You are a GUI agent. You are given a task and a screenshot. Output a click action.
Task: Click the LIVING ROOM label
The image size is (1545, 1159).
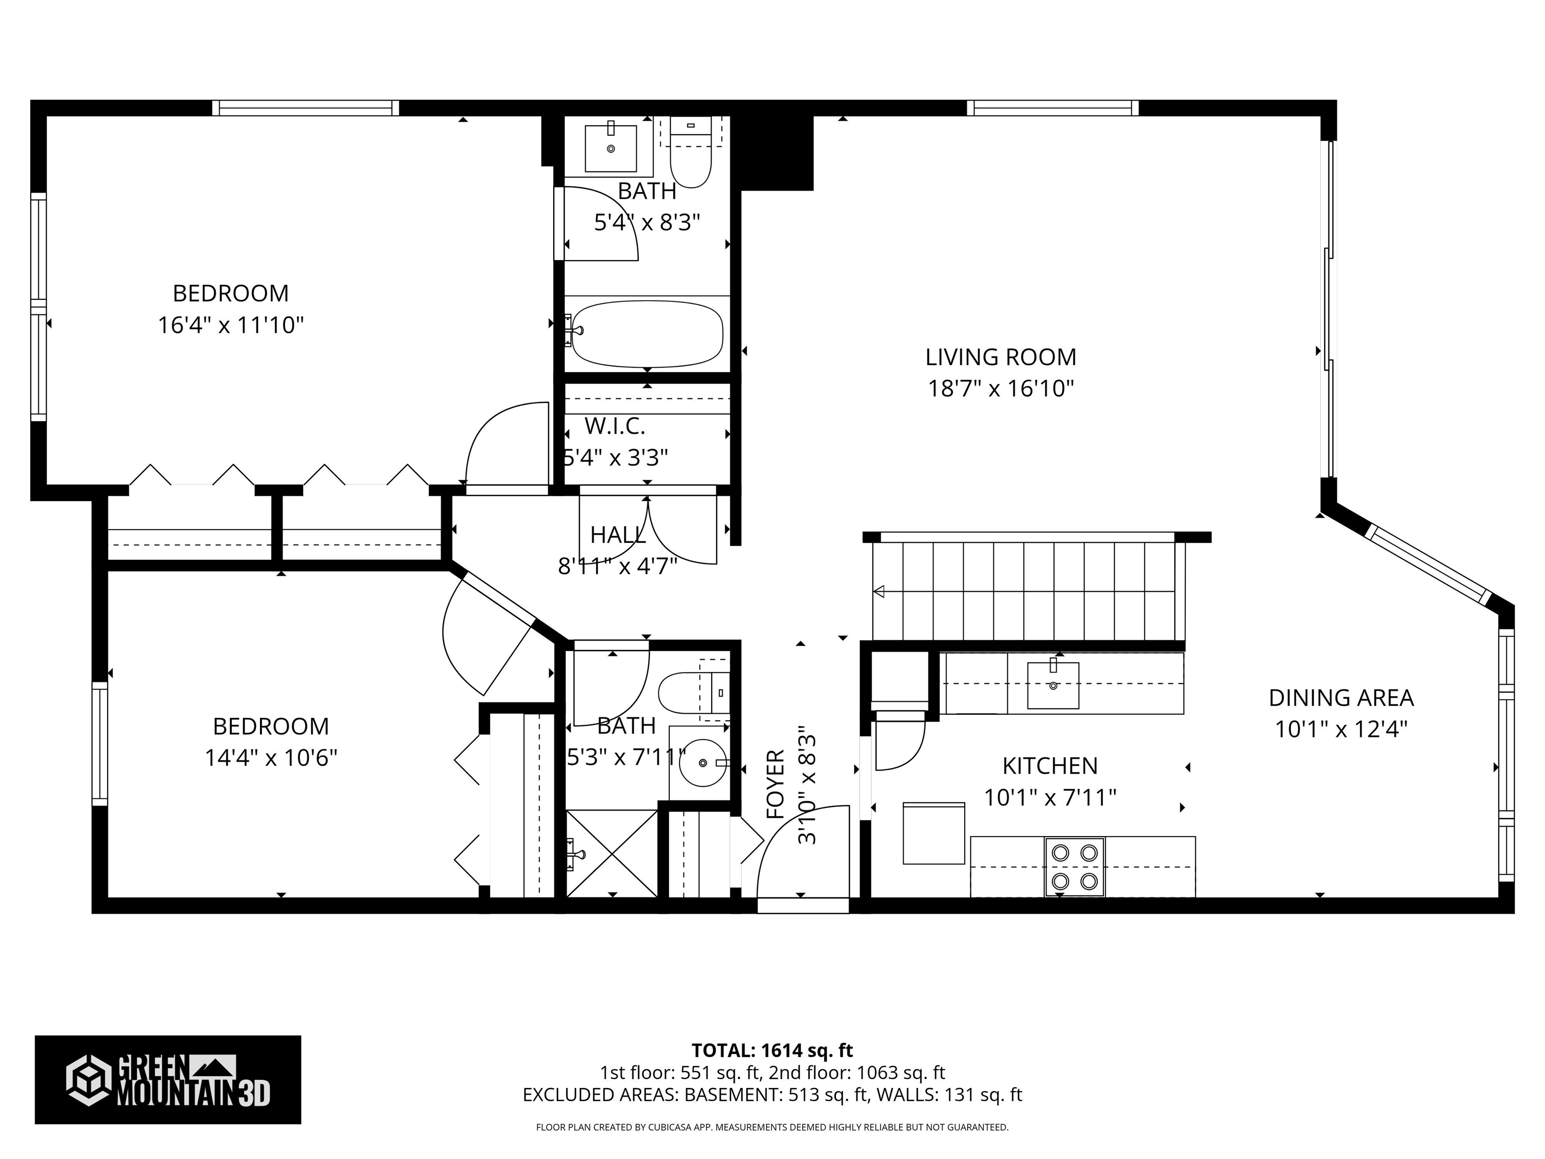(1000, 357)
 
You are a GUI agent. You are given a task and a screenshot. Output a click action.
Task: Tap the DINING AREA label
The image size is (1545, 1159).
(1340, 697)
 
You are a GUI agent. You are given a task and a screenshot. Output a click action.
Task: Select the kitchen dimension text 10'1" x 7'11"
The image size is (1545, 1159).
(1050, 797)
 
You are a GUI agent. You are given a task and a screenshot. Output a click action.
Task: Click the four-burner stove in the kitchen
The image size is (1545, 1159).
(1074, 866)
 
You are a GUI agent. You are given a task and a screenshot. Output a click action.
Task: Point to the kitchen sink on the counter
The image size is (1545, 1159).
(1053, 685)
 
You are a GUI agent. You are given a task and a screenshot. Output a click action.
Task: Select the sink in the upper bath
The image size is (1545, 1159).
(611, 148)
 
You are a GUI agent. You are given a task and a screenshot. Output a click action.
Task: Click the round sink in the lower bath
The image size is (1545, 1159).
(702, 763)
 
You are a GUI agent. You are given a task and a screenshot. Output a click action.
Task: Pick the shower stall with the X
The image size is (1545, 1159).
(611, 853)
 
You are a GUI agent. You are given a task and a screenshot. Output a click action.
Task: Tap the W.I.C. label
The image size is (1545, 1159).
(615, 426)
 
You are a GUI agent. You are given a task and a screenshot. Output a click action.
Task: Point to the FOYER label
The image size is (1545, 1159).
(776, 784)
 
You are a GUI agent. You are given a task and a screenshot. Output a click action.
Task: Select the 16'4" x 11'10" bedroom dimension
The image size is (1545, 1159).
(230, 325)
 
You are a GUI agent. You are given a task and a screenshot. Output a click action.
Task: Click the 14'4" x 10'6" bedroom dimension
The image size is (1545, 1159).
(271, 758)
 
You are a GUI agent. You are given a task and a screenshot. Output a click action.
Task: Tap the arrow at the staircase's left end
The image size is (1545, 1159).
(879, 592)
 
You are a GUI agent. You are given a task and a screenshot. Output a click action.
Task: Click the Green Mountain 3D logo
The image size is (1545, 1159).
(167, 1080)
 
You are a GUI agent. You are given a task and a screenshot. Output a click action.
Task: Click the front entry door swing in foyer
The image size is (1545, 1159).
(803, 856)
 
